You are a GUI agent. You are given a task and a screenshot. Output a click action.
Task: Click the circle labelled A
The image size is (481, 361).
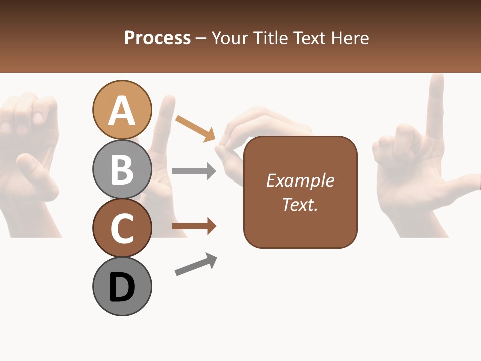(x=122, y=110)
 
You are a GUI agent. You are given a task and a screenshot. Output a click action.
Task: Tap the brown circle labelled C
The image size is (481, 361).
(x=122, y=228)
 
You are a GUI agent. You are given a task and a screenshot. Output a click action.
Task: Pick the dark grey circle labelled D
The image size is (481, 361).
(x=122, y=287)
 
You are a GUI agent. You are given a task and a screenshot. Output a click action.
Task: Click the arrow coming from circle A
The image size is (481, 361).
(x=195, y=128)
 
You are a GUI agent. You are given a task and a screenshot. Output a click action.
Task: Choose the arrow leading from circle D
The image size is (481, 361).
(x=196, y=264)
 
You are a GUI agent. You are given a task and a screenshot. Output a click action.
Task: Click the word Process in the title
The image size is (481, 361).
(x=157, y=38)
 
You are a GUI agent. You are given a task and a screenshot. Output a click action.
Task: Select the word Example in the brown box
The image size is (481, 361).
(x=300, y=180)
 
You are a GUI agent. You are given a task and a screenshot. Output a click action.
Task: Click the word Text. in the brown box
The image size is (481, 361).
(x=300, y=204)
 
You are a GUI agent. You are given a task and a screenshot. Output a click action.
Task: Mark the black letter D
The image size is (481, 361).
(x=122, y=287)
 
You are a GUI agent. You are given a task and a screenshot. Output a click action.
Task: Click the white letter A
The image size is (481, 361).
(x=122, y=111)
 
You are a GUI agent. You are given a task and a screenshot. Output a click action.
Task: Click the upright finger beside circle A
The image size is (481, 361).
(x=165, y=120)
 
